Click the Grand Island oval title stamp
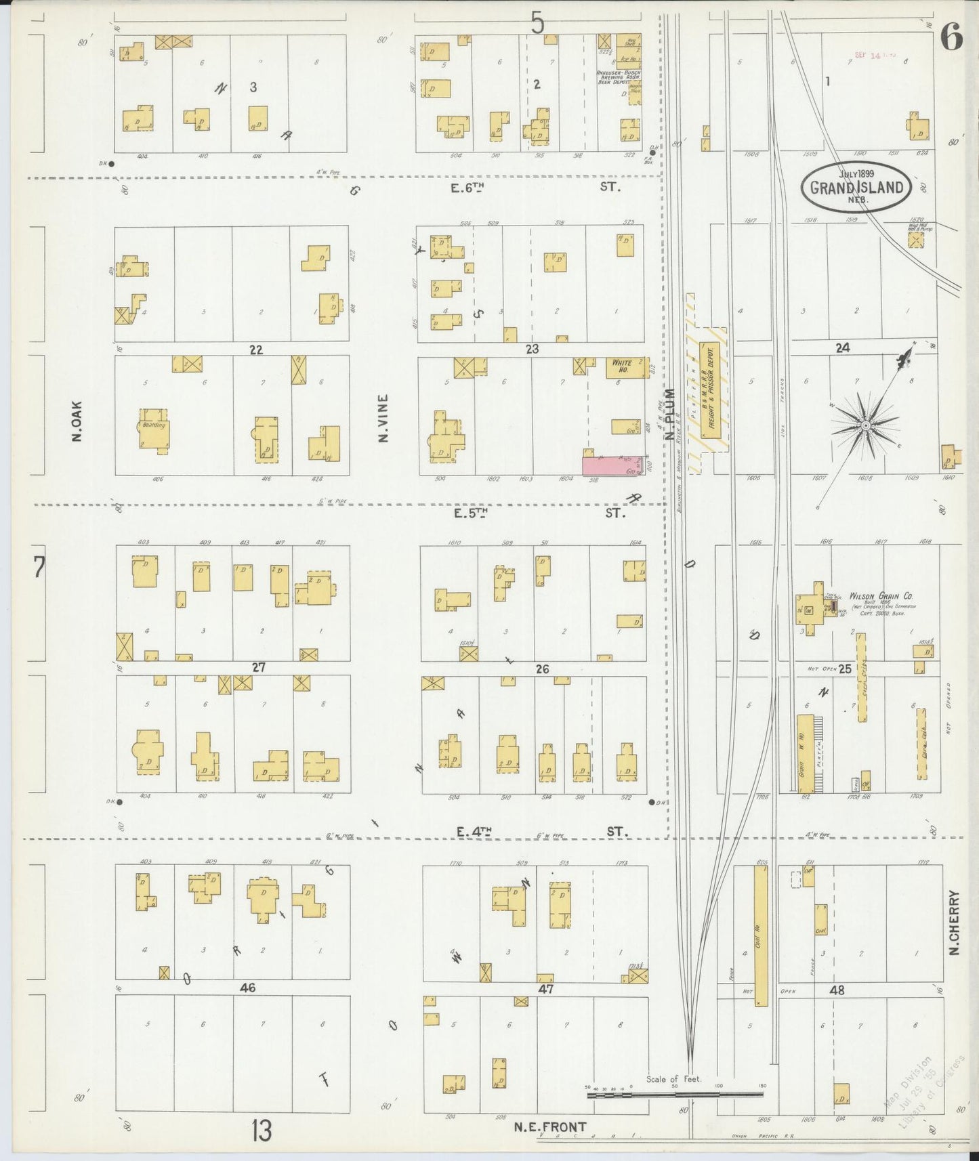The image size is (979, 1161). (856, 187)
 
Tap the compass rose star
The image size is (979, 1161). (865, 425)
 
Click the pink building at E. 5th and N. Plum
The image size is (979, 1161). (612, 465)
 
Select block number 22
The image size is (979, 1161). (255, 350)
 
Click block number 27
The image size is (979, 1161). (258, 668)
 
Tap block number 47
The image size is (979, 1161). (546, 989)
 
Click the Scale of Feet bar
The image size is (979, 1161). (675, 1094)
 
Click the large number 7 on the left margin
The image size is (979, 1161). (39, 567)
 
